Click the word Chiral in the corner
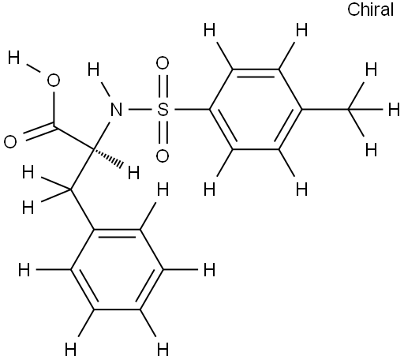tap(370, 10)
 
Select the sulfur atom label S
tap(163, 110)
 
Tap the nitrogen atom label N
tap(117, 110)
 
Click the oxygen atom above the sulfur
tap(163, 63)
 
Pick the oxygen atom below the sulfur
tap(163, 156)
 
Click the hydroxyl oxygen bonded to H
tap(54, 81)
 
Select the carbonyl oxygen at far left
tap(10, 142)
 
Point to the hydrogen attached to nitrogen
tap(93, 69)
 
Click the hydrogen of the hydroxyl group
tap(13, 58)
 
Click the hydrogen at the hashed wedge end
tap(133, 173)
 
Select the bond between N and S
tap(140, 110)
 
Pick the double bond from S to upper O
tap(163, 87)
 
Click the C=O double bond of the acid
tap(40, 133)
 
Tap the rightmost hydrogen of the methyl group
tap(394, 110)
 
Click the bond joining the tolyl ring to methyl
tap(325, 110)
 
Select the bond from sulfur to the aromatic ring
tap(192, 110)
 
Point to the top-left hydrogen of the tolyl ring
tap(210, 30)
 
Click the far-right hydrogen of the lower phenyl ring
tap(210, 270)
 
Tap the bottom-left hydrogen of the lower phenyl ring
tap(71, 350)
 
